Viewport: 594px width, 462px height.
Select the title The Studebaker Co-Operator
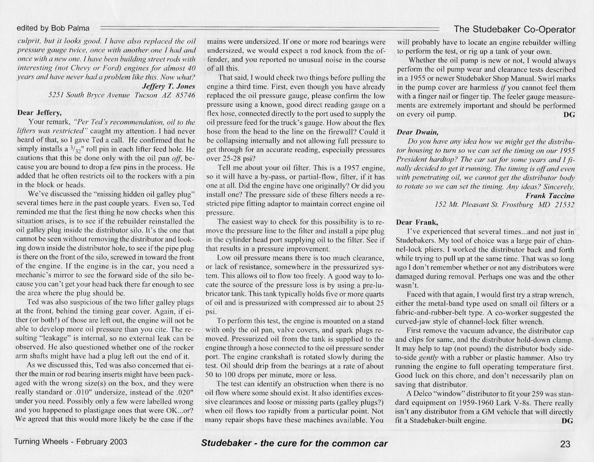[514, 29]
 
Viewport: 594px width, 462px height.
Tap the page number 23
[565, 444]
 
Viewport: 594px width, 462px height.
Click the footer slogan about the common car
[294, 443]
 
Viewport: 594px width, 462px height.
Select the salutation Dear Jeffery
[39, 112]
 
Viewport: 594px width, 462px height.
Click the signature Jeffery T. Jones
[169, 86]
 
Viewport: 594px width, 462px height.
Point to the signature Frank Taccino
[550, 196]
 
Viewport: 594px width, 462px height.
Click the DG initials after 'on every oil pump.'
[569, 115]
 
